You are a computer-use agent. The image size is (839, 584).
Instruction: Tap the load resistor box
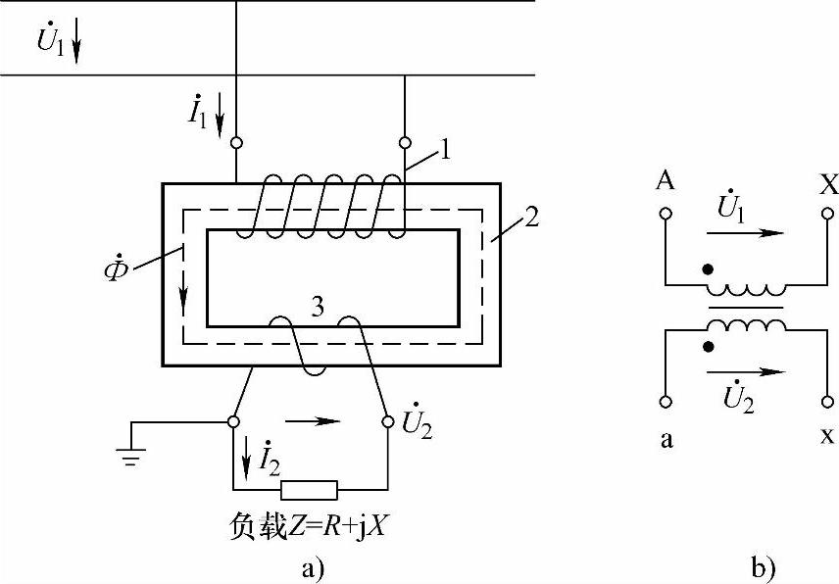(309, 490)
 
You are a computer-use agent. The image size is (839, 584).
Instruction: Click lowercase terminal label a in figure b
(666, 439)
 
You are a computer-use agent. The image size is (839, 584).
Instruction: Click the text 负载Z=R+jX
(310, 529)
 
